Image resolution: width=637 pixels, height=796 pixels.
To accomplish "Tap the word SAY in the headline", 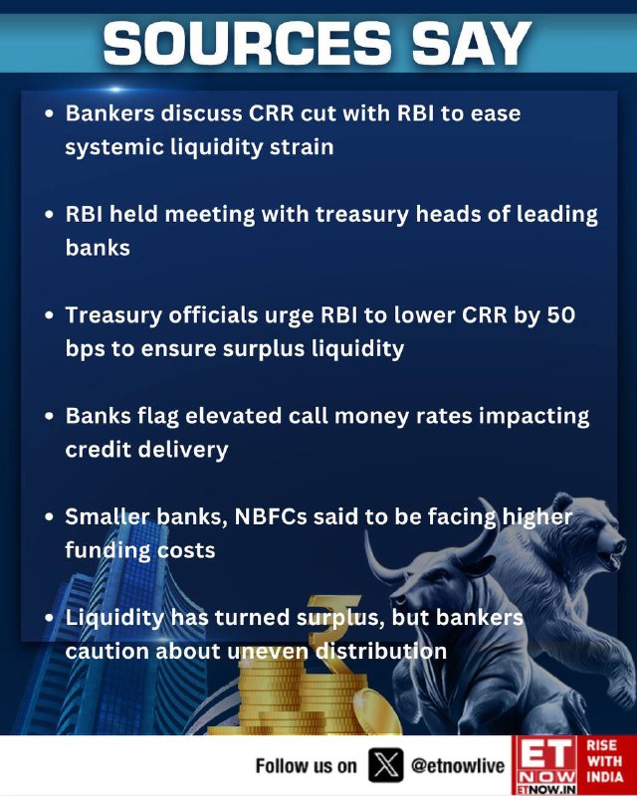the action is (471, 43).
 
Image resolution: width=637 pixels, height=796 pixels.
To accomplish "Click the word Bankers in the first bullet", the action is (109, 113).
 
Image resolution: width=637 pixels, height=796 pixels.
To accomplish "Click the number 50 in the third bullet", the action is (560, 315).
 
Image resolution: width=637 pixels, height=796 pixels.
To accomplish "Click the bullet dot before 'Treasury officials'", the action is (49, 315).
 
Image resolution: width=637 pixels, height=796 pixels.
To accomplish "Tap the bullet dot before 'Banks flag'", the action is (49, 416).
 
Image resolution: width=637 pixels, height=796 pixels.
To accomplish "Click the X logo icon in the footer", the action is (386, 765).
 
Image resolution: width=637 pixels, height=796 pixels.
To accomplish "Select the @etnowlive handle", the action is (458, 765).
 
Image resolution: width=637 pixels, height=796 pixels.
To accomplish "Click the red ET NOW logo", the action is (544, 765).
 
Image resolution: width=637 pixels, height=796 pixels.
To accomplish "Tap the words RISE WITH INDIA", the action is (604, 761).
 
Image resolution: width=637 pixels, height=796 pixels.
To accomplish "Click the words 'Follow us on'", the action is (307, 765).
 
